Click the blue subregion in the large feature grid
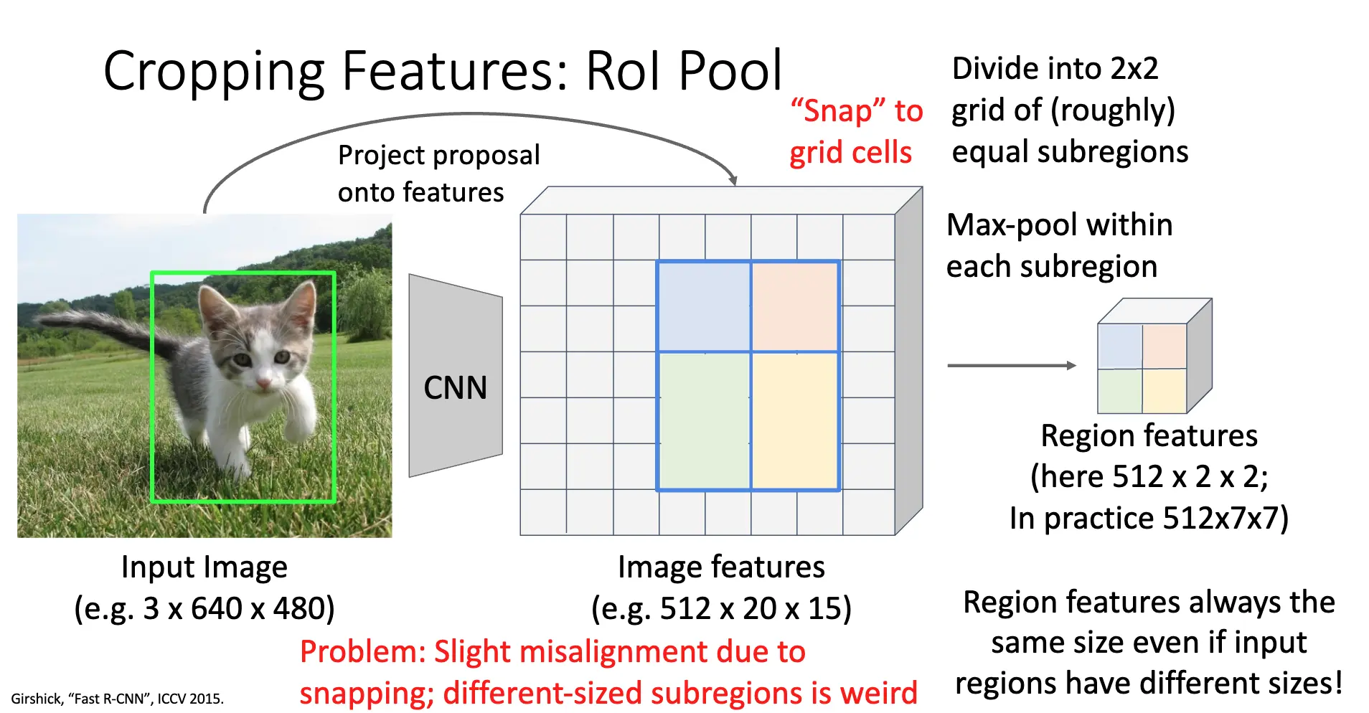click(x=704, y=306)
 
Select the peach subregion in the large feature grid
click(x=795, y=306)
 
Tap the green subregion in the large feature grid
click(x=704, y=420)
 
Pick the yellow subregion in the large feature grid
click(x=795, y=420)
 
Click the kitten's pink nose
click(x=263, y=384)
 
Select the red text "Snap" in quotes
click(x=837, y=111)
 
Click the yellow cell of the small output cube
click(x=1165, y=391)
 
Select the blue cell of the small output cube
click(x=1120, y=346)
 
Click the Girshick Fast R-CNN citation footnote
click(x=117, y=699)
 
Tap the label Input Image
click(x=204, y=567)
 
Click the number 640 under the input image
click(x=216, y=609)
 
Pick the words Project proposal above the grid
click(x=438, y=156)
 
